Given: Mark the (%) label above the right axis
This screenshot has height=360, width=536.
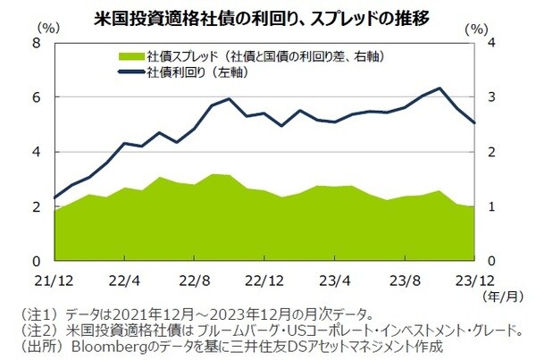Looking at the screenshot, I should coord(482,29).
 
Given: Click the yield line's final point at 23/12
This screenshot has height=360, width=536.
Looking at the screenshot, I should coord(474,123).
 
